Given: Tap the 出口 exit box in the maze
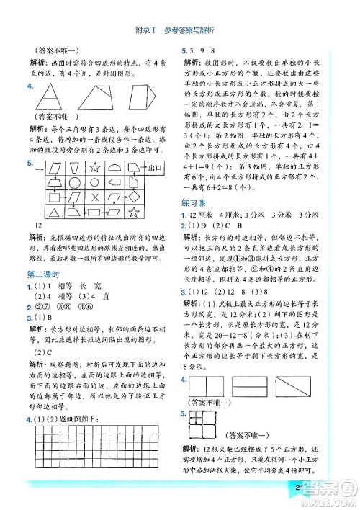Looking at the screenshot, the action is point(154,169).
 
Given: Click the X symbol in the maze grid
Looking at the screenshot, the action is point(94,197).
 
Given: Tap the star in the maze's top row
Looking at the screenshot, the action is point(95,169).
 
